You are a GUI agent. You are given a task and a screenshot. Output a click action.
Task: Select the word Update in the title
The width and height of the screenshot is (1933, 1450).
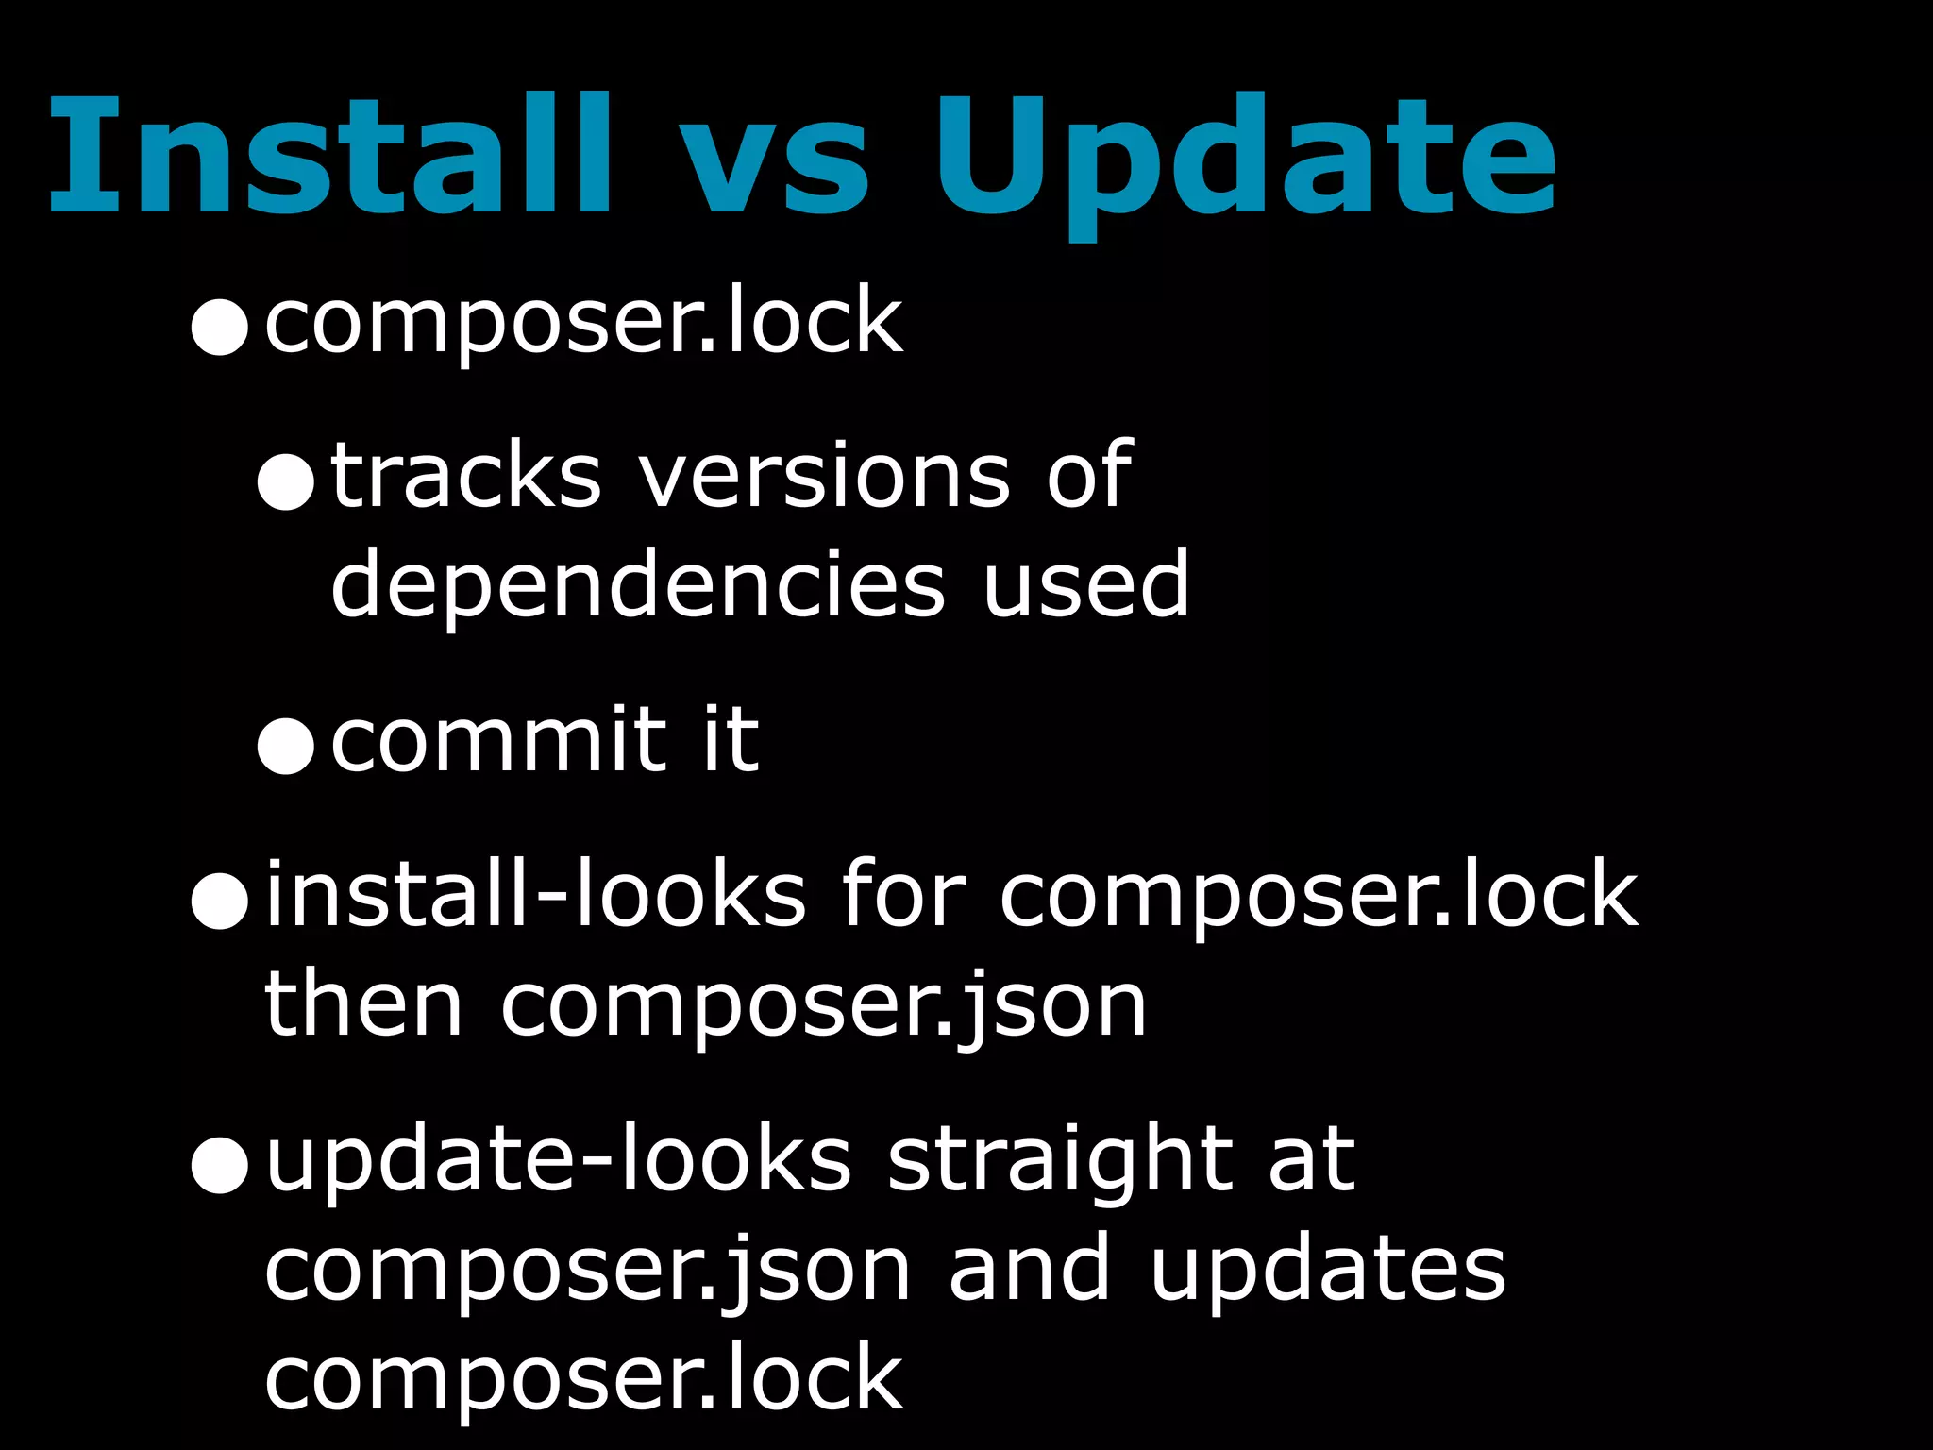click(x=1244, y=160)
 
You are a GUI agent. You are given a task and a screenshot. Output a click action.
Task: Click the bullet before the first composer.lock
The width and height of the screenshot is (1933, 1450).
click(x=219, y=327)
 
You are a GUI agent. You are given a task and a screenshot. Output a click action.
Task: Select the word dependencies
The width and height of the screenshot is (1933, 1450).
click(x=638, y=587)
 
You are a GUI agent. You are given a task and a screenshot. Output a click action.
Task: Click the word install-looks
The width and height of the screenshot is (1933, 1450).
click(x=536, y=895)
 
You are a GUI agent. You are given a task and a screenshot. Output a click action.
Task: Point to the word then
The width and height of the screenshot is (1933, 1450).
click(x=363, y=1006)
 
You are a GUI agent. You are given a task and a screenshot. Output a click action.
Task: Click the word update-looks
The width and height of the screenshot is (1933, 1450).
click(x=558, y=1161)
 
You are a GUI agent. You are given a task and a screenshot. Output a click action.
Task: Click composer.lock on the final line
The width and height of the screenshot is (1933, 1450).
click(x=583, y=1380)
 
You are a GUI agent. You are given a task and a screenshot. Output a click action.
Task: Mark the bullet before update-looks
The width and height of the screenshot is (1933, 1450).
click(x=219, y=1166)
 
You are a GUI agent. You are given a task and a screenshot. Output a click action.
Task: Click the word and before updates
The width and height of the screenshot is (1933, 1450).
click(x=1030, y=1269)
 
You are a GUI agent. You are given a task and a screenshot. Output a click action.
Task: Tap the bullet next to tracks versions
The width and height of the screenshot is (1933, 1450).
click(x=285, y=481)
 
